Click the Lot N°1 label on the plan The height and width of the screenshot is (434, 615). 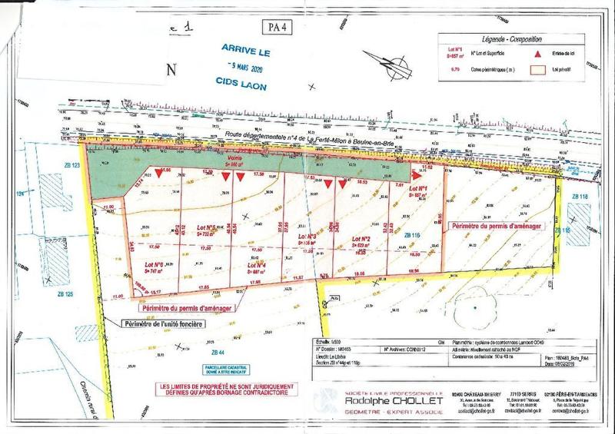418,189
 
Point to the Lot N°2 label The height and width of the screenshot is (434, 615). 362,240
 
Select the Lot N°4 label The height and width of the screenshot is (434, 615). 256,264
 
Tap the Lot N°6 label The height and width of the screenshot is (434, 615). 154,265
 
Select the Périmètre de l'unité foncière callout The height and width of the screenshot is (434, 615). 164,323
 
